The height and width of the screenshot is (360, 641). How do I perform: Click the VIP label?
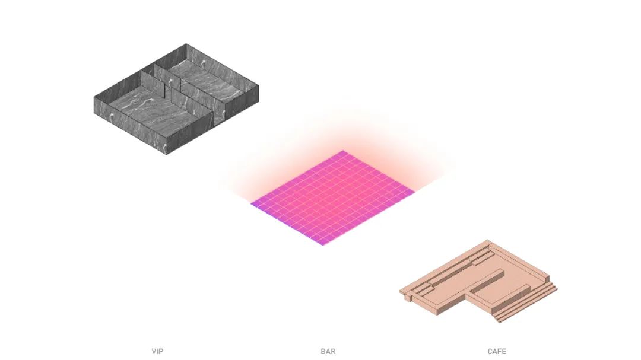[157, 352]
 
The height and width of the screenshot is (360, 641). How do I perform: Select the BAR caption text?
[328, 352]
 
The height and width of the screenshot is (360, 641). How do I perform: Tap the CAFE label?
[497, 352]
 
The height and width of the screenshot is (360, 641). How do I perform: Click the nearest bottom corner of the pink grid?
[323, 245]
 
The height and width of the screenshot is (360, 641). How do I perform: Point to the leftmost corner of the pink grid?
[250, 203]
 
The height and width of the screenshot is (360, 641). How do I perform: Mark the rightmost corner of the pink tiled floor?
[415, 192]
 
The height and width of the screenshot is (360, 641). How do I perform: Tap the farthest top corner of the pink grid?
[342, 151]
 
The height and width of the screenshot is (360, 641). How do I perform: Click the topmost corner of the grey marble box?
[186, 44]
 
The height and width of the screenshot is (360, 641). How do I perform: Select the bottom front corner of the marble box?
[166, 154]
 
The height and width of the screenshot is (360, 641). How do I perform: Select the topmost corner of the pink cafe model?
[488, 240]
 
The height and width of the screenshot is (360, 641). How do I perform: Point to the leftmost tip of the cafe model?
[400, 291]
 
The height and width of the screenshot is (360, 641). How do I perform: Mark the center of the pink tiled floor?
[332, 197]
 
